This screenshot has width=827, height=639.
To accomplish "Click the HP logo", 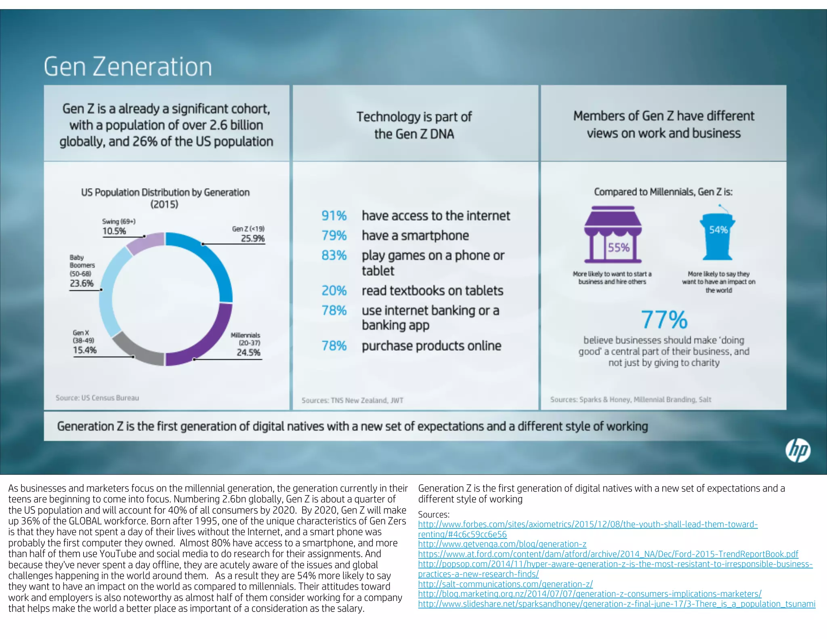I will click(798, 451).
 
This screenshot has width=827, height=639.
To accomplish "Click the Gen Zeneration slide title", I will click(128, 67).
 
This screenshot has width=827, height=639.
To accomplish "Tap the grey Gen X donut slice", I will click(135, 350).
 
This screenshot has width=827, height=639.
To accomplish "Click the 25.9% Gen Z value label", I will click(252, 238).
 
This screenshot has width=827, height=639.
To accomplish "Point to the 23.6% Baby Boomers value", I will click(82, 283).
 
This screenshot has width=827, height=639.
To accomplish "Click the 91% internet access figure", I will click(334, 216).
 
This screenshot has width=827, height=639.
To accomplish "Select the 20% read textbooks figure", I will click(334, 290).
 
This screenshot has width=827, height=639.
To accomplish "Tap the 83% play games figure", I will click(334, 255).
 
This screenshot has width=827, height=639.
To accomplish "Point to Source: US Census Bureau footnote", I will click(97, 398).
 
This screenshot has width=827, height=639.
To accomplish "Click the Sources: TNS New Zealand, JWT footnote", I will click(352, 400).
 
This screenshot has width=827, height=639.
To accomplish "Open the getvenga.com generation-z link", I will click(502, 544).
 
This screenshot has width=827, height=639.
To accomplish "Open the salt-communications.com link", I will click(505, 584).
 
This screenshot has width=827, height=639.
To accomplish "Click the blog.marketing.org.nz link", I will click(590, 594).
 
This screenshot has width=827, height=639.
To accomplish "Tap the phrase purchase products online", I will click(431, 346).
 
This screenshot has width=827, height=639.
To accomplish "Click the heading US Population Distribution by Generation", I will click(165, 193).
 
